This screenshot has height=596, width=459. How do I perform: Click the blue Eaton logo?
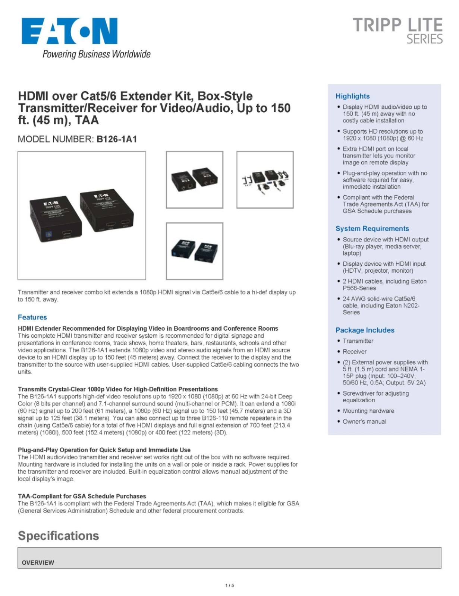[x=69, y=31]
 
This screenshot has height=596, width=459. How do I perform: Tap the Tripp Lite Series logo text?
[x=397, y=30]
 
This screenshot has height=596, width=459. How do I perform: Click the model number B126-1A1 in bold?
[x=117, y=139]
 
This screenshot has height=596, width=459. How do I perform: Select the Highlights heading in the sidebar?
[x=352, y=96]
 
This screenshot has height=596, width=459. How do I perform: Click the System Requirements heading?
[x=372, y=228]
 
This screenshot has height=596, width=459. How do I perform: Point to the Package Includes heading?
[x=365, y=330]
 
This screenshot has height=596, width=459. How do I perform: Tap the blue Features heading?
[x=32, y=317]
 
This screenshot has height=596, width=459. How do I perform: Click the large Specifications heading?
[x=59, y=536]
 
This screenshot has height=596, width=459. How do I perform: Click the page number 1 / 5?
[x=230, y=585]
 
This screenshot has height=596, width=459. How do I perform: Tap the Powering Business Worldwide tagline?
[x=97, y=54]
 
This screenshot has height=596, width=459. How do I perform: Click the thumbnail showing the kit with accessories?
[x=265, y=180]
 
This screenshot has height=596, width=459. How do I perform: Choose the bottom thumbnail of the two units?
[x=194, y=251]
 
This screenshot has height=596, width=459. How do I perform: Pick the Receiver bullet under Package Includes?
[x=354, y=351]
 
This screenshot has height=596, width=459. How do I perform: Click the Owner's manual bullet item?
[x=364, y=421]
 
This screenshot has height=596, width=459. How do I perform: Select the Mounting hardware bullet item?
[x=368, y=410]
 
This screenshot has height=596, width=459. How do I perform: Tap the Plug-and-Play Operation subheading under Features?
[x=104, y=450]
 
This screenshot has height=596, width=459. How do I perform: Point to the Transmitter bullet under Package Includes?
[x=358, y=340]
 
